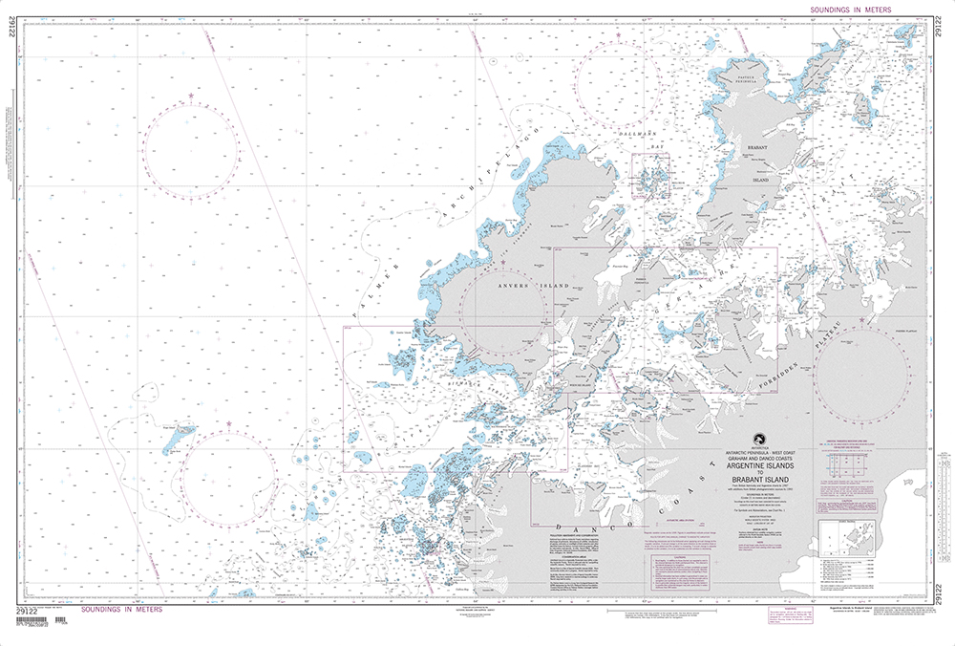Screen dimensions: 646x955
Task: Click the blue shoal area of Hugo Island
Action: (x=176, y=441)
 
